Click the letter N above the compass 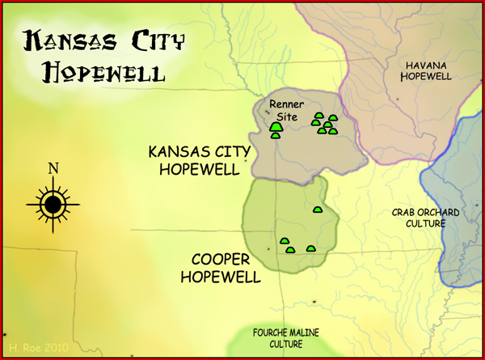[x=53, y=169]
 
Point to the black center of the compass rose [x=53, y=205]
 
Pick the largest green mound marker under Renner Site [x=276, y=127]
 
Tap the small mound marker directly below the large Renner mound [x=276, y=136]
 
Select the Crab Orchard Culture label [x=419, y=218]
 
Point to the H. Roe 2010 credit [x=36, y=347]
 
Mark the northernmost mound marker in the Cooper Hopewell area [x=318, y=210]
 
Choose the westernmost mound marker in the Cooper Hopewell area [x=284, y=241]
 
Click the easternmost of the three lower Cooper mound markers [x=310, y=249]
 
